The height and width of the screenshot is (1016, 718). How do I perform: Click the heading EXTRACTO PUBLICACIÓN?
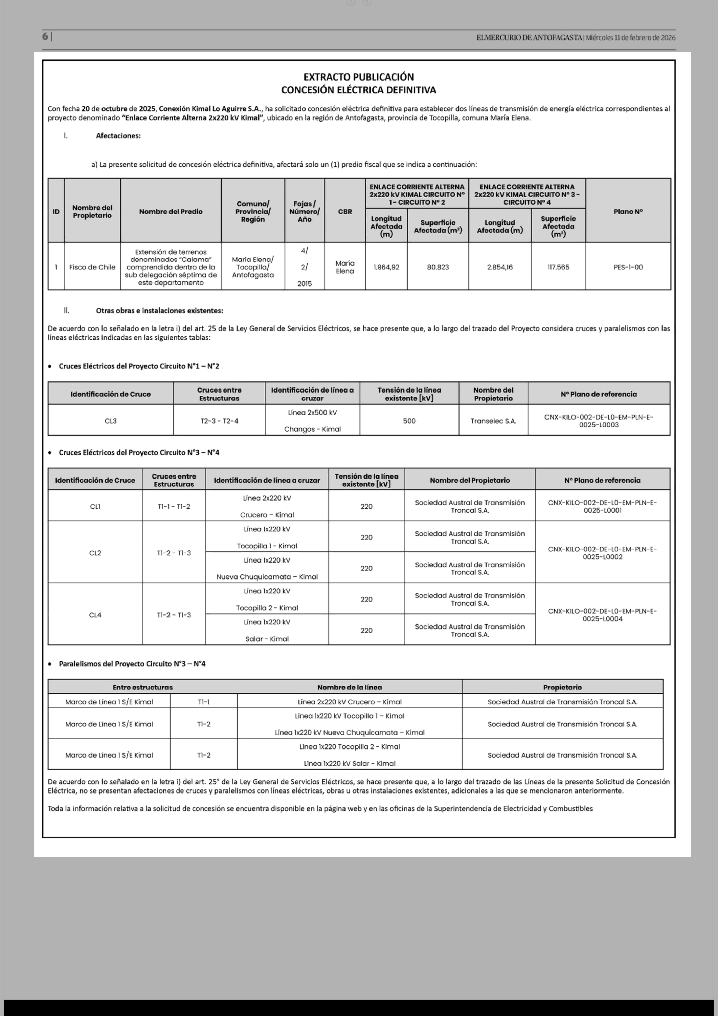tap(359, 77)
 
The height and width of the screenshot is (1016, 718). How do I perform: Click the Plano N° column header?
tap(628, 212)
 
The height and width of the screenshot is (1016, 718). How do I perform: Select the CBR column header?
tap(345, 212)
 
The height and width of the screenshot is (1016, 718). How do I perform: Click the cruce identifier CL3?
tap(111, 421)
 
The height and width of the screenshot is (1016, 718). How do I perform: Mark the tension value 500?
tap(409, 421)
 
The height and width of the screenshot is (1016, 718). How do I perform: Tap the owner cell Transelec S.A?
tap(493, 421)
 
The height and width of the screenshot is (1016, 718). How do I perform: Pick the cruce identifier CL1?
tap(95, 506)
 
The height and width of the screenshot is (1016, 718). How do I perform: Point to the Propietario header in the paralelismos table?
tap(562, 687)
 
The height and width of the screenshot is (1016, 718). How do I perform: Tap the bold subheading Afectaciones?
tap(118, 136)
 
